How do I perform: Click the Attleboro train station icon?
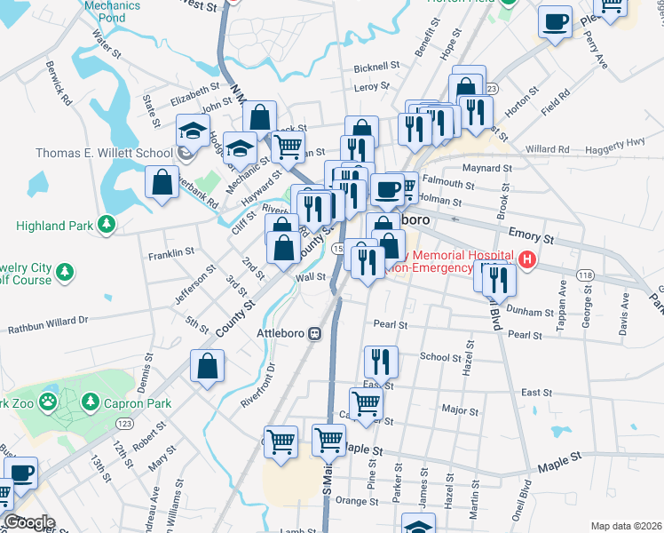[x=314, y=333]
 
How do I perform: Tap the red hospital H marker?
[x=528, y=260]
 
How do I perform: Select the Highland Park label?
[x=54, y=226]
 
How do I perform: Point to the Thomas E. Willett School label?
[x=104, y=153]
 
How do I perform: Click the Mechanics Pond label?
[x=113, y=11]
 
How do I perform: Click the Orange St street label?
[x=357, y=501]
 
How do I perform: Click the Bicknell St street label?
[x=376, y=67]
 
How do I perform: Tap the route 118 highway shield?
[x=584, y=276]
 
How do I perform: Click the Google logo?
[x=28, y=522]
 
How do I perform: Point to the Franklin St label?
[x=171, y=253]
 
